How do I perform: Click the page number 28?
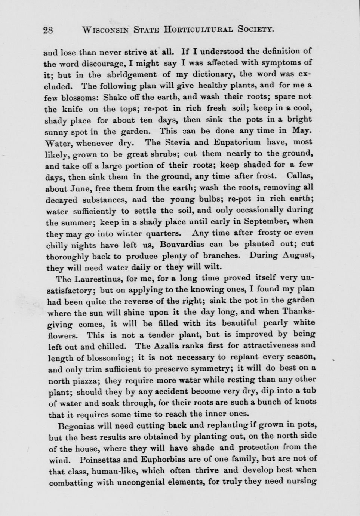click(48, 30)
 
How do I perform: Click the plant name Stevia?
click(175, 142)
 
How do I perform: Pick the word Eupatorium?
click(229, 142)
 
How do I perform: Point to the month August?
click(298, 255)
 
